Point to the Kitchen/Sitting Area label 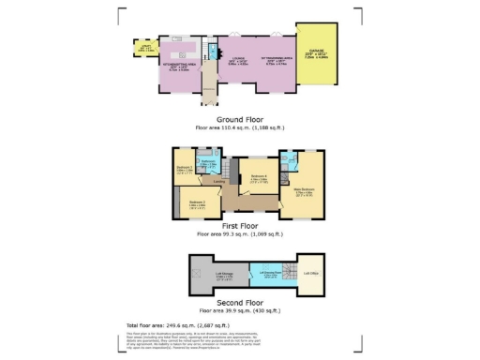click(x=177, y=67)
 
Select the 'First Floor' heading click(x=240, y=226)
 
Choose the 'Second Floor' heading click(x=240, y=302)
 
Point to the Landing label click(x=217, y=182)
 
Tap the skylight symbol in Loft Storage click(x=198, y=273)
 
